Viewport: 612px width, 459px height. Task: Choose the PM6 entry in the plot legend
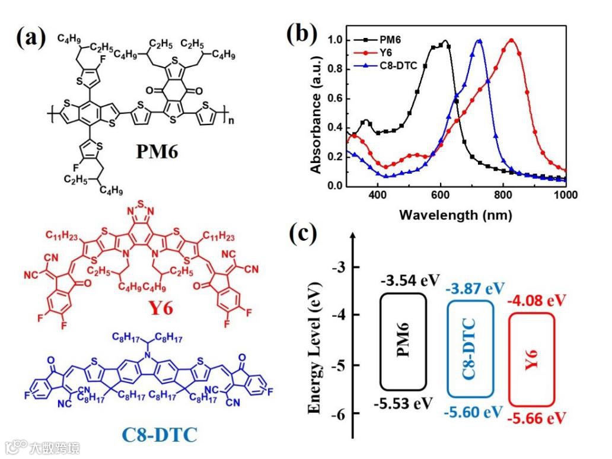[389, 40]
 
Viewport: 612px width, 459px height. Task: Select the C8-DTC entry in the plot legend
[396, 65]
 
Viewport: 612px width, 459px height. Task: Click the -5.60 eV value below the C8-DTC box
[473, 412]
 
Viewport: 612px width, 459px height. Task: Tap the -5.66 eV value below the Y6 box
[536, 419]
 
